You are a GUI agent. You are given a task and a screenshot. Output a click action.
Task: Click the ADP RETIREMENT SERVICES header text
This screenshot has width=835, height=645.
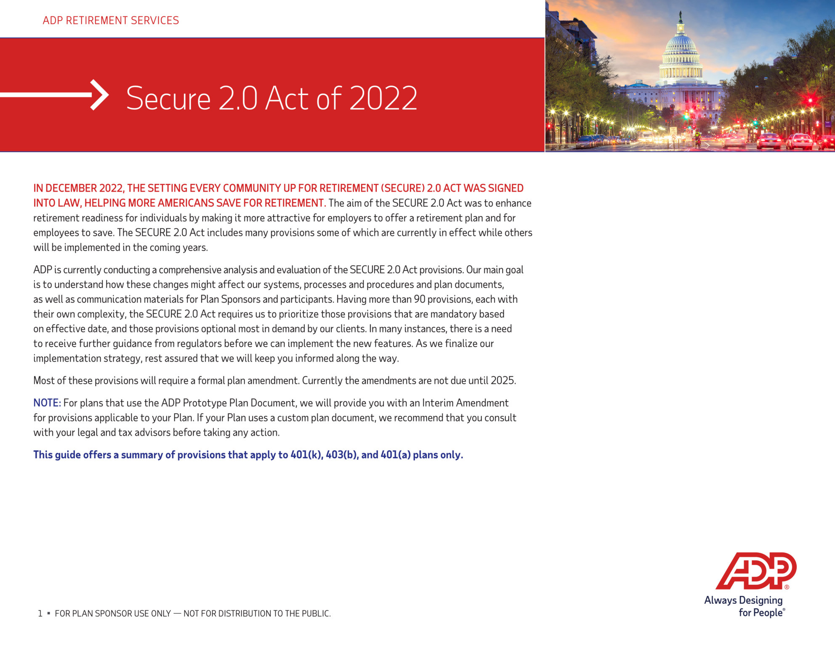pos(111,20)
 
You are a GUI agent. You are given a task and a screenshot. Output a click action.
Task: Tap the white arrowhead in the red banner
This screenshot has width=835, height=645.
pos(100,95)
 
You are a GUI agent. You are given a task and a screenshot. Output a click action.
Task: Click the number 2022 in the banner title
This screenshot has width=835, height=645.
pos(383,98)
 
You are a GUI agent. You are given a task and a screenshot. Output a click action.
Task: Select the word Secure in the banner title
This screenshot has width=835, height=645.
pos(168,98)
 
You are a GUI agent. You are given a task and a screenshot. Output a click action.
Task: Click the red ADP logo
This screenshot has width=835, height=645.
pos(756,571)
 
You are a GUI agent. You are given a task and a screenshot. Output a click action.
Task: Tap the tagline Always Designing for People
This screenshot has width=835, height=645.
pos(744,606)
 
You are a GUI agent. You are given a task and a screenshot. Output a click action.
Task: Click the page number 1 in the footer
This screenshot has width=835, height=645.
pos(40,614)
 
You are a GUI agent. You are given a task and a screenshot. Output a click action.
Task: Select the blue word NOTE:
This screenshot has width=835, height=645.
pos(47,403)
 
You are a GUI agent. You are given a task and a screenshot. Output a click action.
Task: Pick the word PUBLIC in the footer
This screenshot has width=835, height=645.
pos(316,614)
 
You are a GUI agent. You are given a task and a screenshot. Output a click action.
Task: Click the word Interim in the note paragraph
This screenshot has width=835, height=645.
pos(438,403)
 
